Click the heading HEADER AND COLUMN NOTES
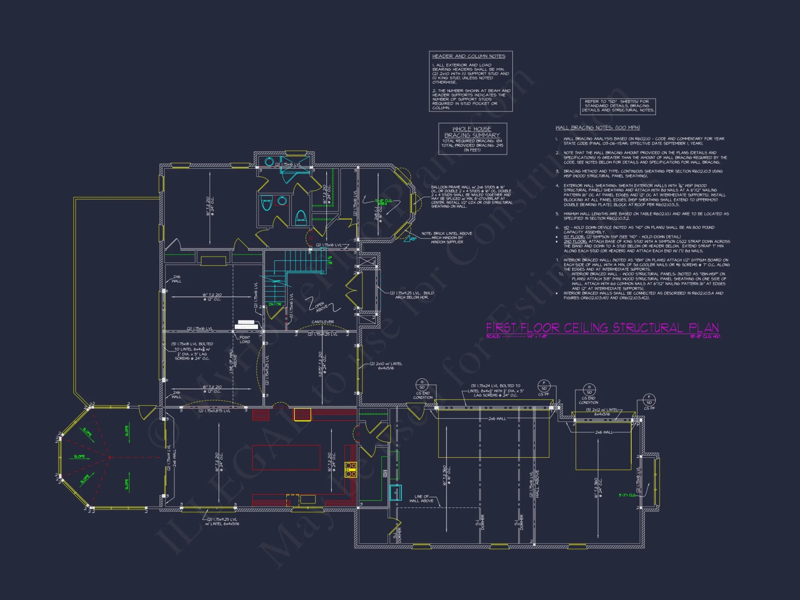click(x=468, y=56)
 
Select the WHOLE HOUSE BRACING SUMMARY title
click(x=472, y=132)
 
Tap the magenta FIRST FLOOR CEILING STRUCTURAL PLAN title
click(x=602, y=328)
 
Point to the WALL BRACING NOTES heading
click(x=598, y=128)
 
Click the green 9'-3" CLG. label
click(x=627, y=495)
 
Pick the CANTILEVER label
click(x=322, y=322)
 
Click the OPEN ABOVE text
click(x=321, y=307)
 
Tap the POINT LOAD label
click(x=244, y=340)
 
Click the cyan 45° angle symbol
click(x=412, y=239)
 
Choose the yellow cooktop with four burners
click(x=351, y=470)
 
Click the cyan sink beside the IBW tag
click(x=395, y=493)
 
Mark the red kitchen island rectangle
click(x=286, y=457)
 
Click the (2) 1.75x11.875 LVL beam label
click(x=214, y=411)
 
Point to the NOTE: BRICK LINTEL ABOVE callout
click(x=447, y=238)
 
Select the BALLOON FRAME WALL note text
click(x=471, y=196)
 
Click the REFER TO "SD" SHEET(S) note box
click(x=618, y=106)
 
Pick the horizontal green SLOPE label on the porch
click(x=79, y=456)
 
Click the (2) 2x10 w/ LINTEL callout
click(x=386, y=366)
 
